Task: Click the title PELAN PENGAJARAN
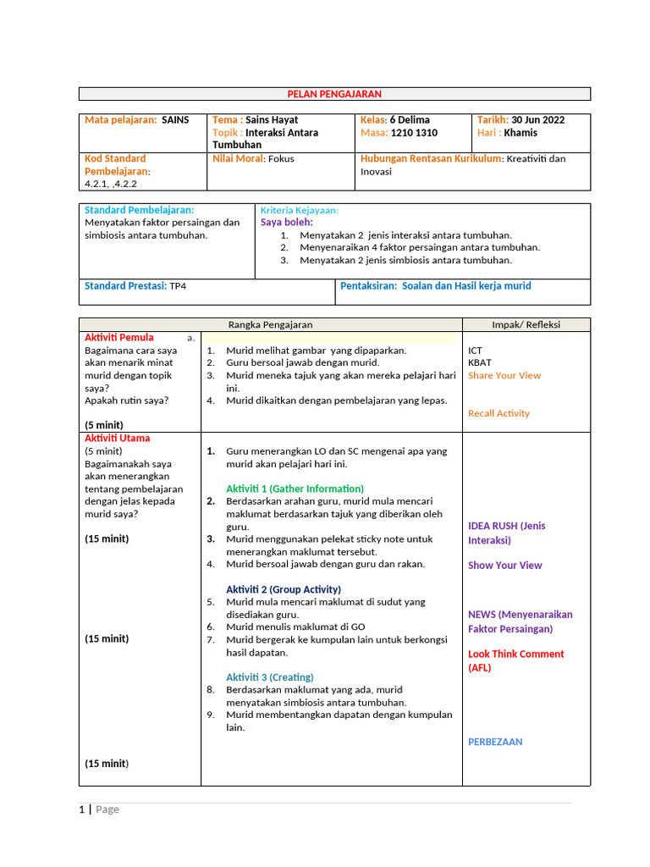334,94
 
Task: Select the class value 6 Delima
410,120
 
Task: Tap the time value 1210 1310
414,133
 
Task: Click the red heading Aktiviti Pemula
119,337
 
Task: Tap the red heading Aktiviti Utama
118,438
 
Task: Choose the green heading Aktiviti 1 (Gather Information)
295,489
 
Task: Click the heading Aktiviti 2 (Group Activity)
284,589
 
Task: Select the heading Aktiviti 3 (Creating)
270,677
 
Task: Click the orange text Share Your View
504,375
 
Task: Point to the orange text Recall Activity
499,413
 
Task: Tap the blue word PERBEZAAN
495,742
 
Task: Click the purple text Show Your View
505,566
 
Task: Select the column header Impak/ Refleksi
526,324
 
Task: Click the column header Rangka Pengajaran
271,324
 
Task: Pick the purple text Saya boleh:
286,222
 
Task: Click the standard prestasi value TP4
178,286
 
